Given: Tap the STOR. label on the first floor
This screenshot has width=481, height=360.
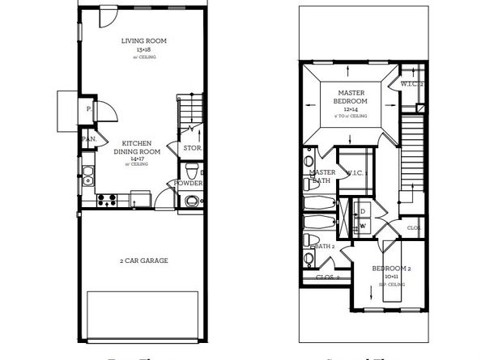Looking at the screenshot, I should tap(193, 148).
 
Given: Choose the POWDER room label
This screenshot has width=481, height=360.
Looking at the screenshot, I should tap(189, 184).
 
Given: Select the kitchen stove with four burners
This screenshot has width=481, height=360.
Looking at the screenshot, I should tap(108, 197).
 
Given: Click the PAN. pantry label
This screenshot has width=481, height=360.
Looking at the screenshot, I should tap(88, 139).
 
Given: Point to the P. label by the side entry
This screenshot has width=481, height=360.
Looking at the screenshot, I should tap(87, 108).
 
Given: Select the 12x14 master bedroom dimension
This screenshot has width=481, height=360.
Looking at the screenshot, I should tap(351, 108).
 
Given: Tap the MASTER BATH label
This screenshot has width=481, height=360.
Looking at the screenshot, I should tap(323, 176).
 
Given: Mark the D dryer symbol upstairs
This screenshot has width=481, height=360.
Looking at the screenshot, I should tap(362, 212).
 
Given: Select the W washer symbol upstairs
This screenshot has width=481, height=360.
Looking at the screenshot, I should tap(362, 226).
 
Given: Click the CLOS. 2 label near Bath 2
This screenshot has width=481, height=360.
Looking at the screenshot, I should tap(326, 277).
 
